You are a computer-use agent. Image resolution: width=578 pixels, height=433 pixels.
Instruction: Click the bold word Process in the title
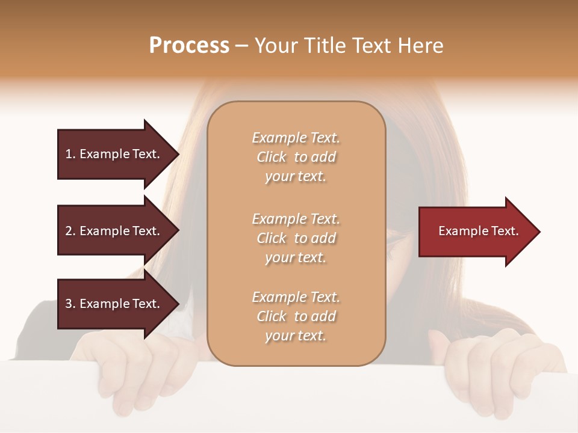(189, 46)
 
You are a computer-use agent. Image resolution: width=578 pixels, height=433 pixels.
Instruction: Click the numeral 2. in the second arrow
(70, 231)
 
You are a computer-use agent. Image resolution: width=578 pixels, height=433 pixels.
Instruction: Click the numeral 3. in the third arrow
(70, 304)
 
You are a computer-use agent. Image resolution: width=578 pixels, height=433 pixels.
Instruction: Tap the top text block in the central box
(296, 157)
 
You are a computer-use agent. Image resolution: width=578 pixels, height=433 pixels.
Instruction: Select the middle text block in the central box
(296, 238)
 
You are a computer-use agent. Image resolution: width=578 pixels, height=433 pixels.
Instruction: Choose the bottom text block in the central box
(296, 316)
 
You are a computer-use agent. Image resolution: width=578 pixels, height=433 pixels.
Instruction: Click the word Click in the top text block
(272, 157)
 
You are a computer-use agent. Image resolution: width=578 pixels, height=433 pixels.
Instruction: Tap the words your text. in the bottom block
(296, 336)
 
